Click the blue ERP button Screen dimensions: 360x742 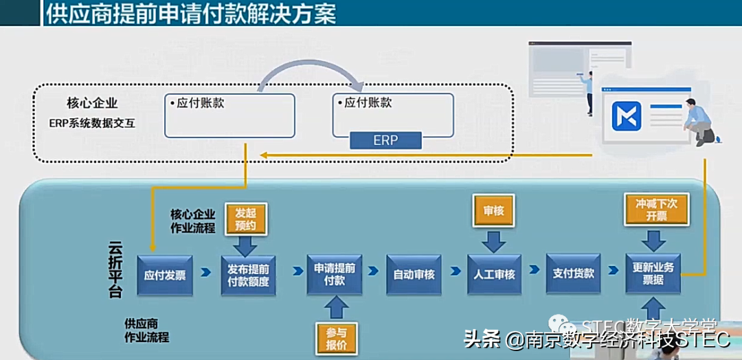(x=385, y=140)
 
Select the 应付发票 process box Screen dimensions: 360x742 (x=165, y=275)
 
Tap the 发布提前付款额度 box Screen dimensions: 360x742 (x=248, y=275)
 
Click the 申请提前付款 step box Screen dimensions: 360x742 (x=335, y=274)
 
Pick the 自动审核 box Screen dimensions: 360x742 (x=414, y=275)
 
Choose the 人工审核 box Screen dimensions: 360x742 (x=495, y=275)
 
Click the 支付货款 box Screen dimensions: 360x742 (x=574, y=273)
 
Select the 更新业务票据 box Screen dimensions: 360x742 (x=653, y=273)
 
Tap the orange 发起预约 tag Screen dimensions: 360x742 (x=245, y=219)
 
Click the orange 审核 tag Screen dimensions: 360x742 (x=494, y=211)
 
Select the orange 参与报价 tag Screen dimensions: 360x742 (x=336, y=337)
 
